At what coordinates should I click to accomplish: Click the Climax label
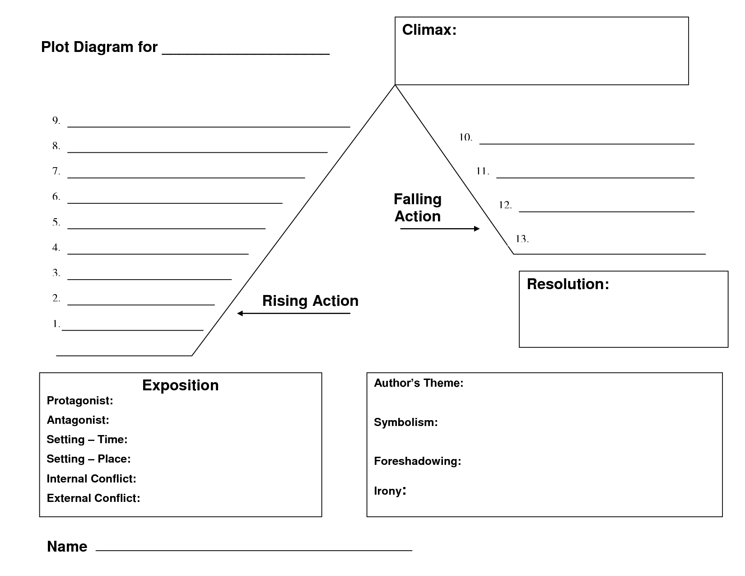[429, 30]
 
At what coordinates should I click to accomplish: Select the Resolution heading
[568, 284]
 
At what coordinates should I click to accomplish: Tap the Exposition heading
[180, 385]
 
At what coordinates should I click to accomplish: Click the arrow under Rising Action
[293, 314]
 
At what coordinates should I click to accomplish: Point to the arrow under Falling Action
[440, 229]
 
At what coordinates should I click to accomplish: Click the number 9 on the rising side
[56, 121]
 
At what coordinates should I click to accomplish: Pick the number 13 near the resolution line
[522, 239]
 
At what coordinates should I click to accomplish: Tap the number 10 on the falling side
[466, 137]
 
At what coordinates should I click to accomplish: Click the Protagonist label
[80, 401]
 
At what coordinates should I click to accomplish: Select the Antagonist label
[78, 420]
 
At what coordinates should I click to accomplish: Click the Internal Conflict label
[91, 478]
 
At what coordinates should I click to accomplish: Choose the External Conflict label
[93, 498]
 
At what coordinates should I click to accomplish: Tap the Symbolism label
[405, 422]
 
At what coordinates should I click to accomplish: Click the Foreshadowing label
[417, 461]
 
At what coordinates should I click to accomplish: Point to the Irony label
[390, 491]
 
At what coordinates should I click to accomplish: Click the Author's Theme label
[419, 383]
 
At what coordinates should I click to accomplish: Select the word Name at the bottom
[67, 547]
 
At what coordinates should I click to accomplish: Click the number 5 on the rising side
[56, 222]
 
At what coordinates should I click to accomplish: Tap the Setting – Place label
[88, 459]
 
